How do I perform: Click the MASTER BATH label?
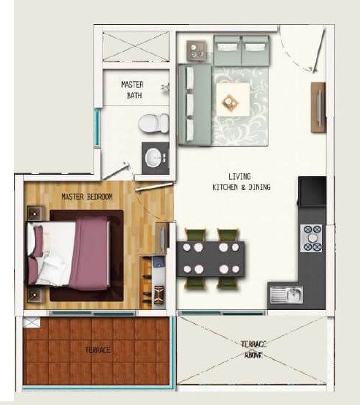[x=132, y=90]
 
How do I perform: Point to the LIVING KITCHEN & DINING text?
[x=240, y=182]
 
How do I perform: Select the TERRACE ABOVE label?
[x=253, y=349]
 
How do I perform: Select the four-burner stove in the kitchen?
[x=313, y=238]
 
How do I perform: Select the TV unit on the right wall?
[x=318, y=107]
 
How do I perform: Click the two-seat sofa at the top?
[x=241, y=52]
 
